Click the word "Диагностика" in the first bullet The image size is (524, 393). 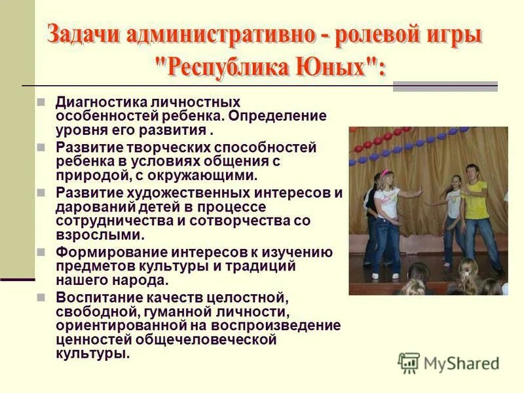pyautogui.click(x=96, y=102)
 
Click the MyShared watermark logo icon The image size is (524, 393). pyautogui.click(x=409, y=363)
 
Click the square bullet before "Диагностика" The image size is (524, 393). pyautogui.click(x=41, y=103)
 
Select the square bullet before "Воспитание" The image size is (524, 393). pyautogui.click(x=41, y=298)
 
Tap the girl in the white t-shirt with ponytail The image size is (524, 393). pyautogui.click(x=388, y=210)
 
